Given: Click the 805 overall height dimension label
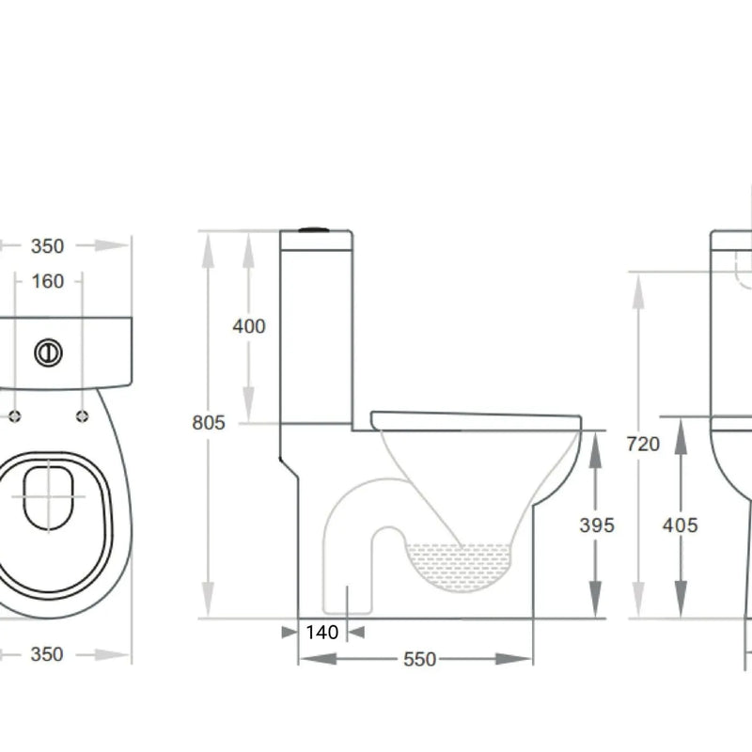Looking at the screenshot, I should [x=209, y=423].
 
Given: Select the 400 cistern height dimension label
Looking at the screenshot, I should [x=249, y=327].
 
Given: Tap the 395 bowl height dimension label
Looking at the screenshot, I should [x=596, y=525].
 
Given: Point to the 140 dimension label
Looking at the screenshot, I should [x=321, y=633].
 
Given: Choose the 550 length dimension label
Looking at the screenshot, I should [x=419, y=660].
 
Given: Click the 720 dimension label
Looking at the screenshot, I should [x=643, y=445].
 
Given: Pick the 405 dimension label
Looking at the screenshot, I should [x=680, y=525].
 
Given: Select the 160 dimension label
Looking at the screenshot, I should [x=47, y=281].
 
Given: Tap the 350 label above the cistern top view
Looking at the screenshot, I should [x=47, y=246].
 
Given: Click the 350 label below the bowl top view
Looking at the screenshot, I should [x=47, y=654].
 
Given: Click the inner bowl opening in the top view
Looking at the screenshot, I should [x=47, y=493].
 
